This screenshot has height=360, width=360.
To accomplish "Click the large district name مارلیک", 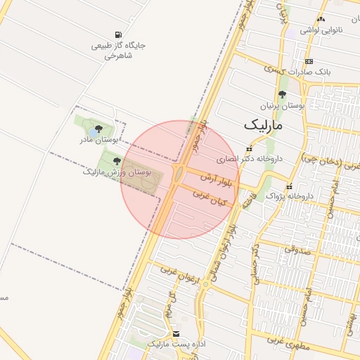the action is click(263, 125).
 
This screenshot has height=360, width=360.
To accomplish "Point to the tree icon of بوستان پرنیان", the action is click(283, 94).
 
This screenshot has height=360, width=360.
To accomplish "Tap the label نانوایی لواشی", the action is click(320, 30).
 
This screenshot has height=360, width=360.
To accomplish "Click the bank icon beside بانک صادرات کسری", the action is click(309, 61).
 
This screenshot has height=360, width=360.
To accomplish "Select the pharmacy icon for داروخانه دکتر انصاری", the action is click(249, 148).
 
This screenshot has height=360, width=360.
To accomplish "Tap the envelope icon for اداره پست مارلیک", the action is click(175, 333).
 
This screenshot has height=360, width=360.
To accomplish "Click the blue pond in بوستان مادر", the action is click(94, 132).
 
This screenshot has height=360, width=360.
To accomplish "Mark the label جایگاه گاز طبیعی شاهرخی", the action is click(118, 50).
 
